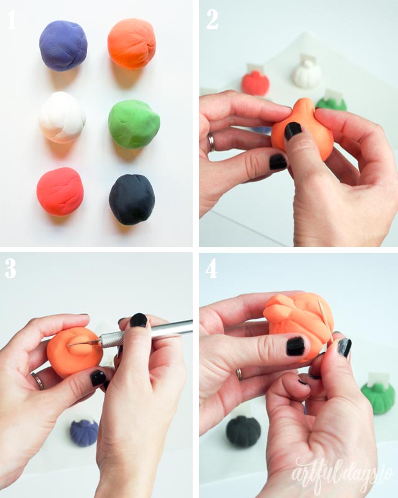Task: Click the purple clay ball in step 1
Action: (x=63, y=45)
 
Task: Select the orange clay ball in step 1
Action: (x=131, y=44)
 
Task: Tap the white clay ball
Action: (x=62, y=118)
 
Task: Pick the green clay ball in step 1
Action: (x=133, y=124)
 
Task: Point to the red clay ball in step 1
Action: (x=60, y=191)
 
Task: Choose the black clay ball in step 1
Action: (x=132, y=199)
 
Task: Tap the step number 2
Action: (x=212, y=20)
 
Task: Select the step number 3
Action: (x=11, y=268)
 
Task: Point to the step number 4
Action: (x=212, y=268)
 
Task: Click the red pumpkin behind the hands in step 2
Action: (x=255, y=83)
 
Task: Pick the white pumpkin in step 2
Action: (x=307, y=74)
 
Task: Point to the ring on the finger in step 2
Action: (x=211, y=143)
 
